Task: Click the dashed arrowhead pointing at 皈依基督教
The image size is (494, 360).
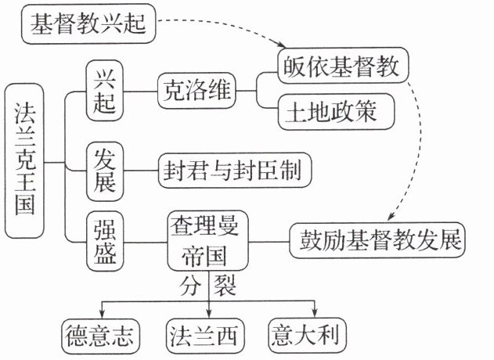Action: pos(284,49)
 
